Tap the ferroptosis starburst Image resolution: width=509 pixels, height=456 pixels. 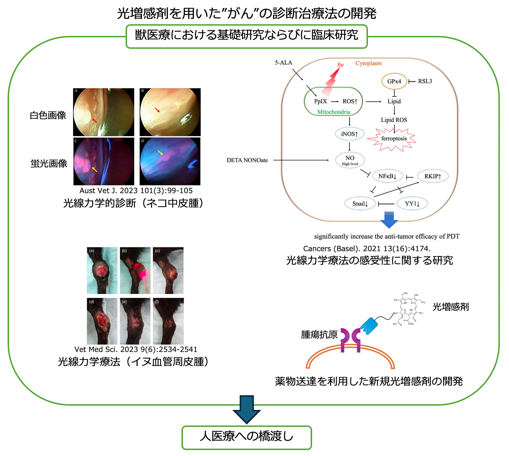394,139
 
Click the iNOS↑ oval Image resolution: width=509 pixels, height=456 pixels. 349,134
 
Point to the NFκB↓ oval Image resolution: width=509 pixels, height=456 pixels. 387,176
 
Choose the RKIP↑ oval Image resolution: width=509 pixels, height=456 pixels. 432,176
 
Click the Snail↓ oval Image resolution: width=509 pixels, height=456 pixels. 360,203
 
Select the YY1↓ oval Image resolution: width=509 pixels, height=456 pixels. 412,203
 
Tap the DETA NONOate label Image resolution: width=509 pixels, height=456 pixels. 247,160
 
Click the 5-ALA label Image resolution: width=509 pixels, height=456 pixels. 283,63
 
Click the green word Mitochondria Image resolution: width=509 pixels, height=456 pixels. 333,112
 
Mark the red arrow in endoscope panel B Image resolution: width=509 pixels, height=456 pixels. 157,110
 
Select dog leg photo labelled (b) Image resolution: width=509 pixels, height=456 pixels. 135,270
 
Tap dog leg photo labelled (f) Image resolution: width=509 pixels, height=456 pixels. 168,321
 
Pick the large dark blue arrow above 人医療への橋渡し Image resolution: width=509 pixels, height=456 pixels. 247,409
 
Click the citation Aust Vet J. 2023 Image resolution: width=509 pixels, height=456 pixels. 136,191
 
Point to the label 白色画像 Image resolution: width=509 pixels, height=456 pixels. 48,115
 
